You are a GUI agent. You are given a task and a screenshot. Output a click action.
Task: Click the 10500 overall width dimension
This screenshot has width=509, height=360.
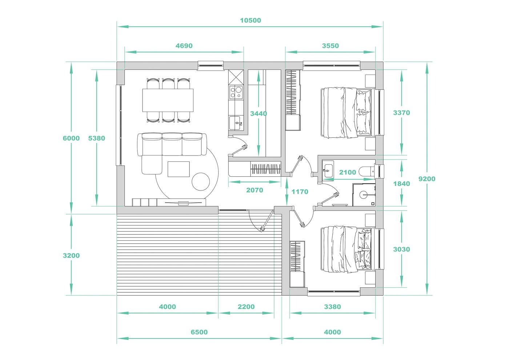[251, 20]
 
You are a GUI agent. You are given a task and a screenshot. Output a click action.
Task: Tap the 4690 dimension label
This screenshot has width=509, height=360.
[184, 46]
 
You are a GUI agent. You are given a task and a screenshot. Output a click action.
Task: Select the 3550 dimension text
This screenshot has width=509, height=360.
[330, 46]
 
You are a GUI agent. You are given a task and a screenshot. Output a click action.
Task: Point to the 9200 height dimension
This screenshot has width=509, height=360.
[427, 179]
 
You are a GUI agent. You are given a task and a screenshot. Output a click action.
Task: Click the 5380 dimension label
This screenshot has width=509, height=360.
[97, 138]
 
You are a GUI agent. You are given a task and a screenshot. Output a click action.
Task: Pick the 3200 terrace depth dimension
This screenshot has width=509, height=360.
[71, 255]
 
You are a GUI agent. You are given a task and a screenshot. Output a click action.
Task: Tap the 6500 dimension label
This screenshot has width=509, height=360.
[199, 332]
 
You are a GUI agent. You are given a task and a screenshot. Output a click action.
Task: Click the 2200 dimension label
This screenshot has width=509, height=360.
[246, 307]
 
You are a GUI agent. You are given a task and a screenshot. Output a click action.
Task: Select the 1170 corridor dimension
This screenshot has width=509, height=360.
[300, 192]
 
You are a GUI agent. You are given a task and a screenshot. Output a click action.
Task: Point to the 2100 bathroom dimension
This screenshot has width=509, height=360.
[348, 172]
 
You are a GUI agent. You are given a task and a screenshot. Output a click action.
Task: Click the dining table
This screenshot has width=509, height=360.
[168, 100]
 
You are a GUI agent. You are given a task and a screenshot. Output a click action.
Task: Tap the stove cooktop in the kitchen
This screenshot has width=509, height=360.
[236, 92]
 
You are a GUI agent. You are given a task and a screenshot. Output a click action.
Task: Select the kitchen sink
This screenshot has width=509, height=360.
[236, 123]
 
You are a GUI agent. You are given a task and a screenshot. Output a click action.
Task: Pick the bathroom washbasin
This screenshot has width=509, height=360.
[328, 169]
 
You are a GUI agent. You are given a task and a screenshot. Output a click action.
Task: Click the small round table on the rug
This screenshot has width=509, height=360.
[201, 181]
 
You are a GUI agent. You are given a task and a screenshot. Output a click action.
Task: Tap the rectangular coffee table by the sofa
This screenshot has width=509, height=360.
[179, 169]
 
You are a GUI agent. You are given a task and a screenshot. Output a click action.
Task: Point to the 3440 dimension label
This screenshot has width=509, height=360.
[258, 113]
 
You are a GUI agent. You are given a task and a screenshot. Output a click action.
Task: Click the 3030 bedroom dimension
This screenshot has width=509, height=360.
[401, 249]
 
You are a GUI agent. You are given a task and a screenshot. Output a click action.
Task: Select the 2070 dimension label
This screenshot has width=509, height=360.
[254, 190]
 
